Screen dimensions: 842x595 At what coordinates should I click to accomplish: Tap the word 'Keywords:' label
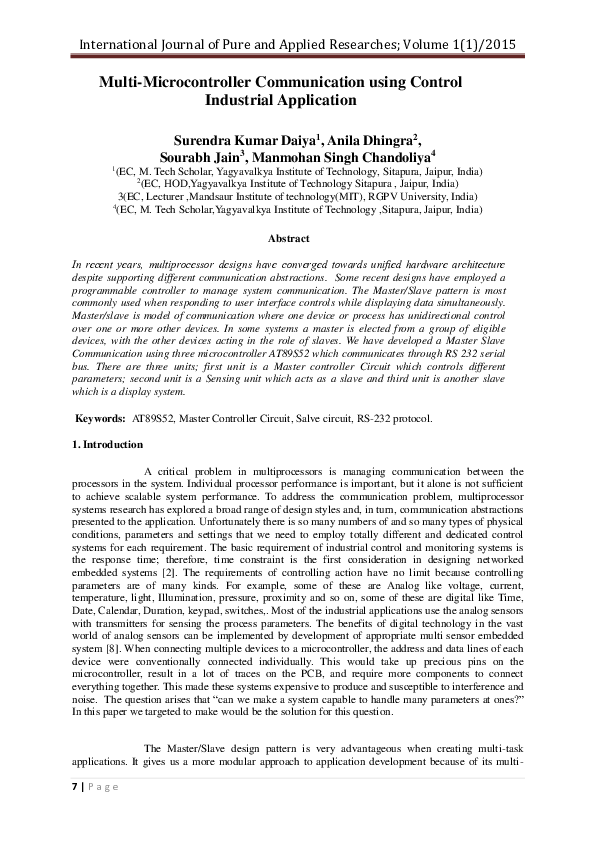tap(101, 418)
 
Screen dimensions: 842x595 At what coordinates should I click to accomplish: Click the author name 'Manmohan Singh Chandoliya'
tap(337, 157)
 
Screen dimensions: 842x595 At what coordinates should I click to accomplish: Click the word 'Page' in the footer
tap(103, 787)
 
